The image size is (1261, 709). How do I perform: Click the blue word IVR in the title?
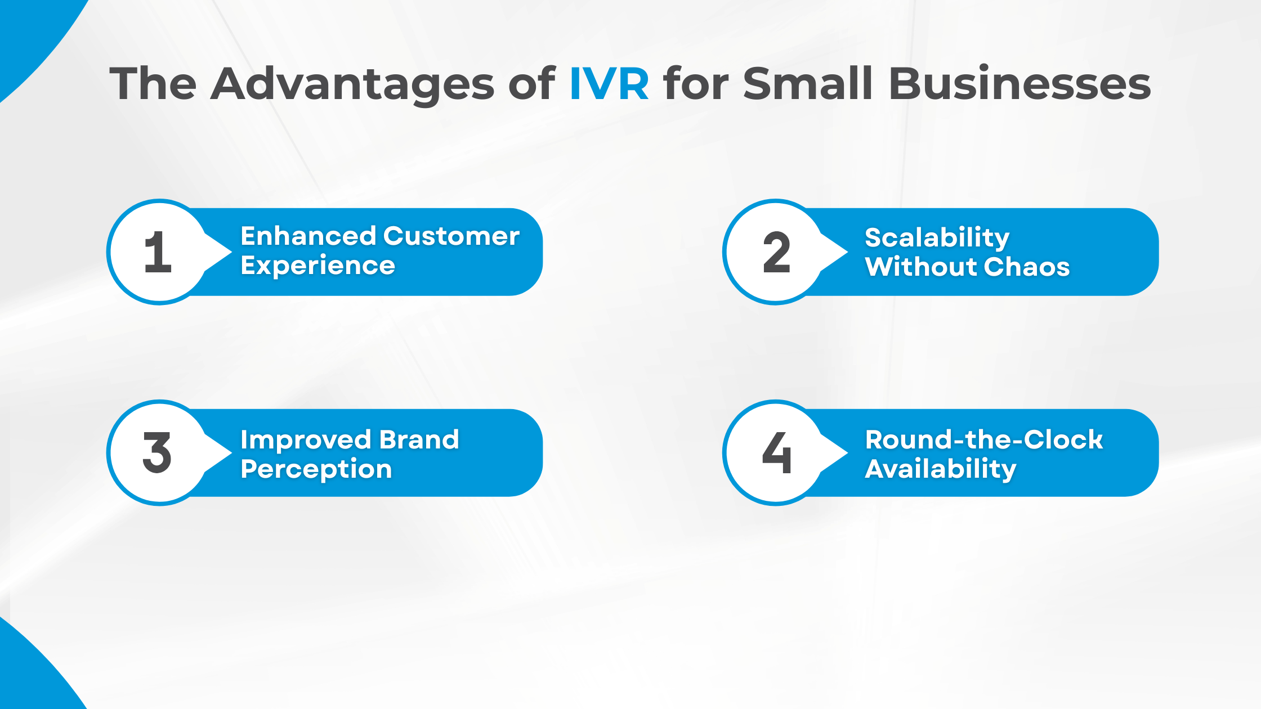tap(609, 84)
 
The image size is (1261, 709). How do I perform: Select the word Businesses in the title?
tap(1019, 84)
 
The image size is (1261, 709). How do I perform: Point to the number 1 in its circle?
tap(158, 253)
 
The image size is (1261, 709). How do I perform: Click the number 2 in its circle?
tap(776, 253)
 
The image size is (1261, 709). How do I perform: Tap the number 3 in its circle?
tap(157, 453)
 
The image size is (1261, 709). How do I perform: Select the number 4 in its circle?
tap(776, 453)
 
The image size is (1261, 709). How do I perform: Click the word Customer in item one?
tap(451, 236)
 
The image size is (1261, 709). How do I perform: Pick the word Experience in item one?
tap(318, 266)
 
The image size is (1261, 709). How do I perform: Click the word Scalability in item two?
tap(937, 237)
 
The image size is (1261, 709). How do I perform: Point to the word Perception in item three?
tap(316, 469)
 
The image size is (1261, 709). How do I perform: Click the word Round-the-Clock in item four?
tap(983, 440)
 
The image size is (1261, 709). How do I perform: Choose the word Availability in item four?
tap(940, 469)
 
